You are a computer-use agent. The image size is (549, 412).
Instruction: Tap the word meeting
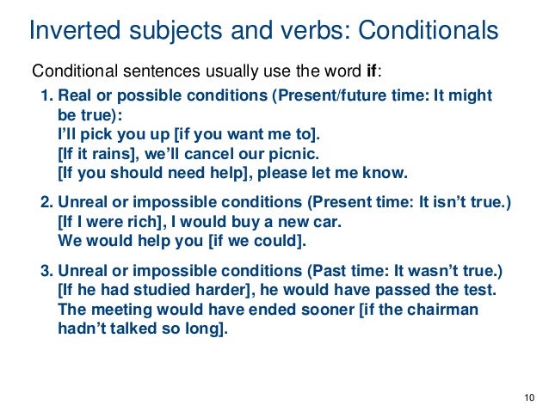pyautogui.click(x=118, y=308)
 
